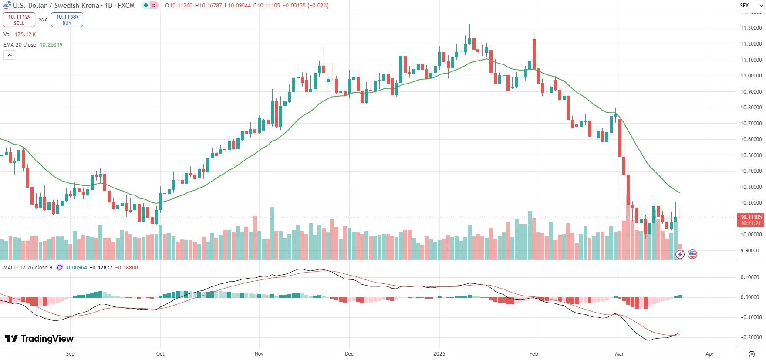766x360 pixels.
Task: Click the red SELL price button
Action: [19, 20]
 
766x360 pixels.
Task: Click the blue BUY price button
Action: [67, 20]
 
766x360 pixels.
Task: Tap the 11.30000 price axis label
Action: [751, 28]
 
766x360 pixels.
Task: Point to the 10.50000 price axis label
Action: [751, 155]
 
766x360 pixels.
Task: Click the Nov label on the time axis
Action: [259, 354]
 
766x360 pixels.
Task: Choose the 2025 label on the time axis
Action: [439, 354]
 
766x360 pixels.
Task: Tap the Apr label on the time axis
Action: [709, 354]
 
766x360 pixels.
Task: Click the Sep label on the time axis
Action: [70, 354]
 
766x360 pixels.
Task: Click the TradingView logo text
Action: [39, 339]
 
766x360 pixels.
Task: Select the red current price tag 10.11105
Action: [751, 220]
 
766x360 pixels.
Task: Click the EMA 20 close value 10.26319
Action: [51, 45]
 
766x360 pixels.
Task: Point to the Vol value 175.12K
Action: [25, 34]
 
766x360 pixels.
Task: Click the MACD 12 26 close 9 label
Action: [27, 268]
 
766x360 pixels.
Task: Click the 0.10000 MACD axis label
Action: [750, 277]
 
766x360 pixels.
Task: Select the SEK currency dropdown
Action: [751, 6]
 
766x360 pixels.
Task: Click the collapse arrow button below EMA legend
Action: [10, 55]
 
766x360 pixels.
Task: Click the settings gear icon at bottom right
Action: [752, 354]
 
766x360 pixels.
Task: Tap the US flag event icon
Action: [692, 254]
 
